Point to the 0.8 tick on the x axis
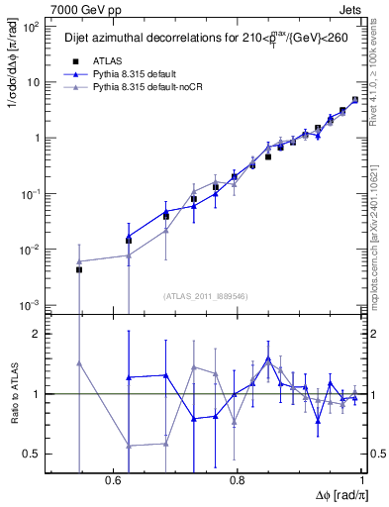tap(237, 479)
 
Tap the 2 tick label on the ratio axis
tap(40, 334)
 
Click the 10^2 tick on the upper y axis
tap(33, 28)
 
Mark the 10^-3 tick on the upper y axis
tap(33, 304)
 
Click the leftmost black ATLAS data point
tap(79, 269)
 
